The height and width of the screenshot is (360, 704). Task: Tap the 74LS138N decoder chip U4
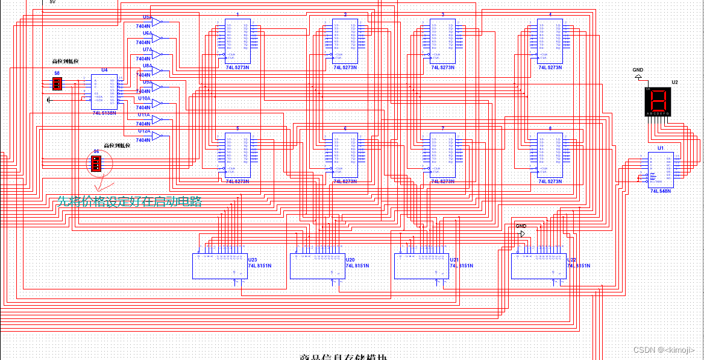point(104,91)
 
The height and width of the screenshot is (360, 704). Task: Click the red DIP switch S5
point(57,84)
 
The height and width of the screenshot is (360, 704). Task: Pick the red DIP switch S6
point(95,163)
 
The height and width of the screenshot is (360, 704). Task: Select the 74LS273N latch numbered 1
point(237,41)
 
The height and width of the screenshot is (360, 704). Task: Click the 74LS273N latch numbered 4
point(550,41)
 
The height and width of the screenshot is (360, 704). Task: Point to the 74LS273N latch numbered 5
point(237,155)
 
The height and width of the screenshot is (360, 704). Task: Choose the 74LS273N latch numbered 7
point(442,155)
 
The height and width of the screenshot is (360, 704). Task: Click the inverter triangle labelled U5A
point(157,22)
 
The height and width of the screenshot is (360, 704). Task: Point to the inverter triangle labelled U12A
point(157,136)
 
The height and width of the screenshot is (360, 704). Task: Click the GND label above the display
point(638,70)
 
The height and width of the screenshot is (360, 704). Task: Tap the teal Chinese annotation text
point(130,201)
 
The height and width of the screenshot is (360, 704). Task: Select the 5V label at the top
point(52,2)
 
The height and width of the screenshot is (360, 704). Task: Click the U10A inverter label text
point(144,98)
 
